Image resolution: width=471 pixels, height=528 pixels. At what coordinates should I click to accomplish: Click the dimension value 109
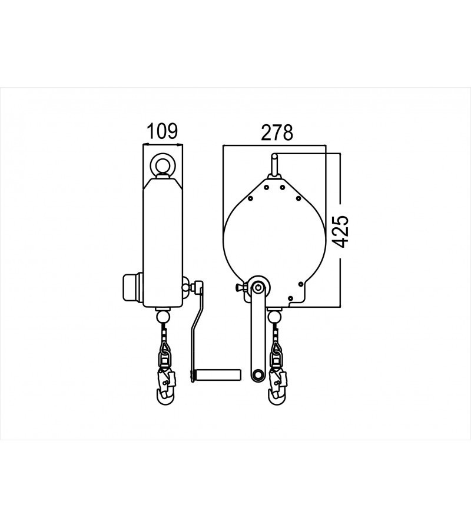pos(161,132)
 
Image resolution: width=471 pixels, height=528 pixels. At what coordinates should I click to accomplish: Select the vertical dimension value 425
pos(341,230)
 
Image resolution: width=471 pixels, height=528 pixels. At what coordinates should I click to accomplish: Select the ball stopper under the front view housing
pos(273,317)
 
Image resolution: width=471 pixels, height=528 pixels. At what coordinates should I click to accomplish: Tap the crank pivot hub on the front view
pos(257,288)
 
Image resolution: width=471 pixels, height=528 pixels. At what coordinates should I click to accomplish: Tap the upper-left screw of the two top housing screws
pos(266,188)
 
